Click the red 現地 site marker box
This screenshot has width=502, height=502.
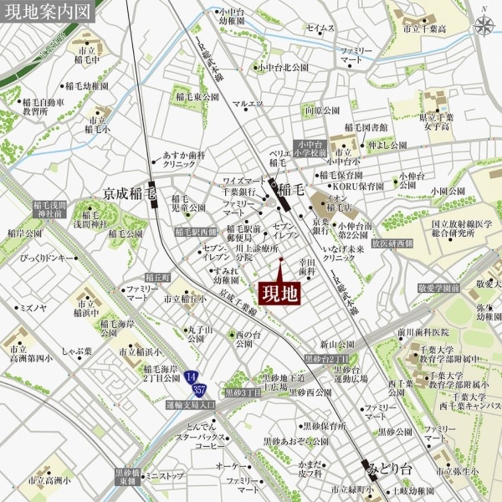[279, 293]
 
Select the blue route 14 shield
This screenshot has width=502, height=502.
[192, 376]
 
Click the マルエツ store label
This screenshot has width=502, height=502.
[248, 103]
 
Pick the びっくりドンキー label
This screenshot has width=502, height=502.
[47, 258]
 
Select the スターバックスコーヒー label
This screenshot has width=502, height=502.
[200, 442]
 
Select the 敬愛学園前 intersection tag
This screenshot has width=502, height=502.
[438, 288]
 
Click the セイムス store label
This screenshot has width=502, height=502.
[320, 28]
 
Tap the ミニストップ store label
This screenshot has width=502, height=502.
[165, 476]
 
